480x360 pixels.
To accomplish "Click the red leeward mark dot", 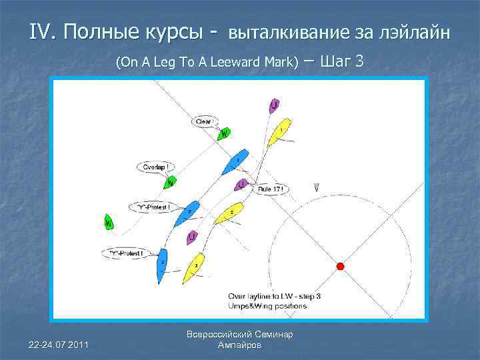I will coord(339,266).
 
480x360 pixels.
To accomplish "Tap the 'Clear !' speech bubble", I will coord(203,122).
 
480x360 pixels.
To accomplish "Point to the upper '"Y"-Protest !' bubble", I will coord(153,207).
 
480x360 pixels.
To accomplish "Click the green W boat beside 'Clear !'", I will coord(224,133).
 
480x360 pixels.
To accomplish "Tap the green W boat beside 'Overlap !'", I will coord(171,181).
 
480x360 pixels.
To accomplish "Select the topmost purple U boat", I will coord(274,105).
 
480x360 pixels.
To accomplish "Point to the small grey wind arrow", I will coord(316,189).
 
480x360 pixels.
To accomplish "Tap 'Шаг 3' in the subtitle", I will coord(341,62).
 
